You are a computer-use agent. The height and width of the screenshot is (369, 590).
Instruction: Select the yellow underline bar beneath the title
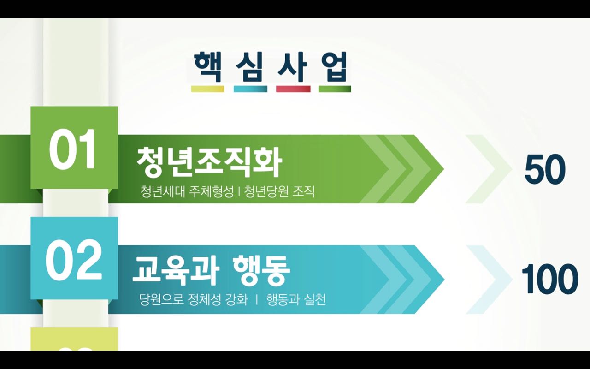pos(208,89)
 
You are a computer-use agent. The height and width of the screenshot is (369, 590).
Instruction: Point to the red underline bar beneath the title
pos(293,89)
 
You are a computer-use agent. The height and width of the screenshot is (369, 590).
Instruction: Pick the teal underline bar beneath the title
pos(250,89)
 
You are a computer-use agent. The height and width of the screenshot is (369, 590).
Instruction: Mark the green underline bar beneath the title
pos(335,89)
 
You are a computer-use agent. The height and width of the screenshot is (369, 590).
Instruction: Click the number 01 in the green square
pos(72,149)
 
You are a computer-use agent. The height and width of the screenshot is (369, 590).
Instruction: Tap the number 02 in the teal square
pos(74,260)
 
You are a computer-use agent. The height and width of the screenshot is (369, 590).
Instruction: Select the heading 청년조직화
pos(209,161)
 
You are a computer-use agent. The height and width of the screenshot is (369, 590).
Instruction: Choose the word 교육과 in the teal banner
pos(176,271)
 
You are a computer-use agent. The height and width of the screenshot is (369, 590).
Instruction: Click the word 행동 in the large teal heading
pos(261,271)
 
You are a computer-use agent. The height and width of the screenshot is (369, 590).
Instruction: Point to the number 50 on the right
pos(545,169)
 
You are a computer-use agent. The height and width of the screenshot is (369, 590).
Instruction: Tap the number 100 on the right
pos(550,279)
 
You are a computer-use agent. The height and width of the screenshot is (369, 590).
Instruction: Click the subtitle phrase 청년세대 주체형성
pos(187,191)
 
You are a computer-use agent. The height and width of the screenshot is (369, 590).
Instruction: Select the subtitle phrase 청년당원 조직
pos(279,191)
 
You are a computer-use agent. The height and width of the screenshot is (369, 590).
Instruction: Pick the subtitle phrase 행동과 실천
pos(296,300)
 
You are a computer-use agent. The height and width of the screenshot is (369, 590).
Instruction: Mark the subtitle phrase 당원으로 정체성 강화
pos(194,300)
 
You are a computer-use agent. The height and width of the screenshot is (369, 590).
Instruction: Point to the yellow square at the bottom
pos(74,339)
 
